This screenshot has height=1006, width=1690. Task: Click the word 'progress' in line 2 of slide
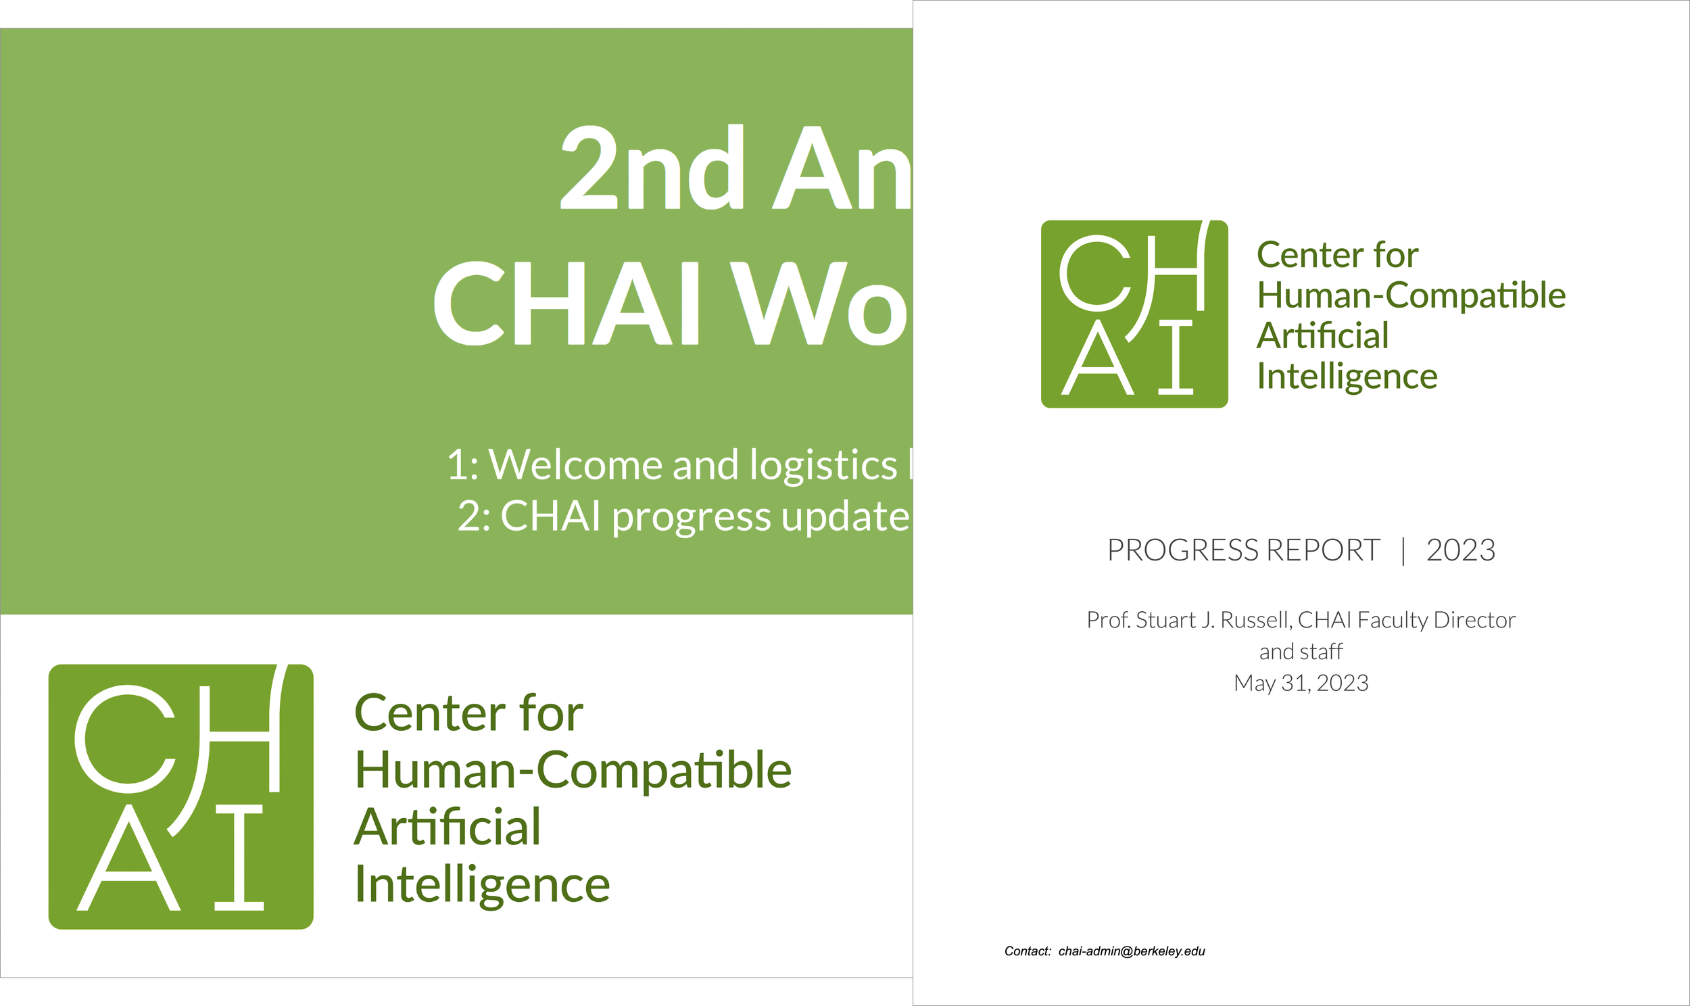(691, 517)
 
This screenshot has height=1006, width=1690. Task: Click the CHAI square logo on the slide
(181, 796)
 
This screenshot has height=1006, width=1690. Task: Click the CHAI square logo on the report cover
(1134, 314)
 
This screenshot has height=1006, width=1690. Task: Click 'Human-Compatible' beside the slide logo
(573, 770)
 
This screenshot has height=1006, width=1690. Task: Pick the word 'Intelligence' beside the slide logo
(482, 885)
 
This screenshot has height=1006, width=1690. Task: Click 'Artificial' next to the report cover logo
(1322, 335)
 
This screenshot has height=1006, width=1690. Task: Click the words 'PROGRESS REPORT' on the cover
(1242, 550)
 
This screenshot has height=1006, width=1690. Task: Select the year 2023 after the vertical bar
(1460, 550)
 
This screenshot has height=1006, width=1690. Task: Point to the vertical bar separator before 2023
(1403, 550)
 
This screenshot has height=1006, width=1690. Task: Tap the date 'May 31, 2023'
(1301, 683)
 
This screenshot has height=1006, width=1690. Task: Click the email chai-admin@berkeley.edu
(1131, 951)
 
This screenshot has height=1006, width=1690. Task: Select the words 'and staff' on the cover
(1301, 652)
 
